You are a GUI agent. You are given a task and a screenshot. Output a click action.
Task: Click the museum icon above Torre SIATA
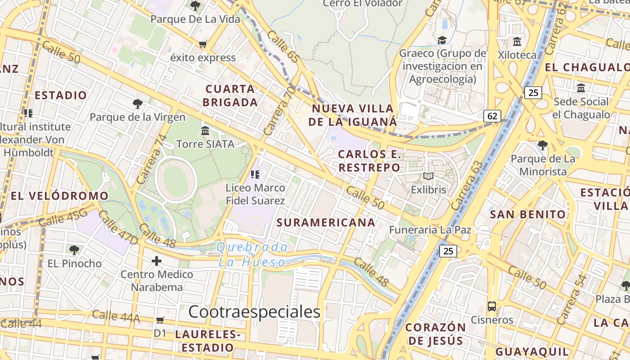tap(206, 131)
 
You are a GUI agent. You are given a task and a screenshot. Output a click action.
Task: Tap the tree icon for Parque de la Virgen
tap(138, 104)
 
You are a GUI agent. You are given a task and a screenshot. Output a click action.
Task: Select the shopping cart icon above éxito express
tap(203, 44)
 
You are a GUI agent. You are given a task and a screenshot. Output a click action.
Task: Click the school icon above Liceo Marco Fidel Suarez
tap(255, 174)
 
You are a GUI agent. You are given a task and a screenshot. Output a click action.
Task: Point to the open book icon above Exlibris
tap(428, 176)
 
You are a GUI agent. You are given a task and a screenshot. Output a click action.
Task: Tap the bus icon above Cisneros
tap(492, 306)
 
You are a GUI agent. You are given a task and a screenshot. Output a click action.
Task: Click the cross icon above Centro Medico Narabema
tap(157, 261)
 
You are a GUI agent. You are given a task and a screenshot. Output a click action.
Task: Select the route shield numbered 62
tap(492, 116)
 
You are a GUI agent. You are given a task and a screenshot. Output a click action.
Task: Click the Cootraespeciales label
tap(254, 311)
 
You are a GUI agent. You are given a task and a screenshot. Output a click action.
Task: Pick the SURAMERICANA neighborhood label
tap(326, 222)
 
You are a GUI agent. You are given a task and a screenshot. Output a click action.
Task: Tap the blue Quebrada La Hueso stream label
tap(252, 255)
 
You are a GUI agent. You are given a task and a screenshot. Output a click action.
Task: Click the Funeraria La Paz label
tap(430, 230)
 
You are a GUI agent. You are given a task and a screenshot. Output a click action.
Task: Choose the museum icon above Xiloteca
tap(517, 42)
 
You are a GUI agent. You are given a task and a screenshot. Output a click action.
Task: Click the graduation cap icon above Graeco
tap(442, 40)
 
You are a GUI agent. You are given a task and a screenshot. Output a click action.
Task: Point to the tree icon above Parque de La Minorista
tap(543, 145)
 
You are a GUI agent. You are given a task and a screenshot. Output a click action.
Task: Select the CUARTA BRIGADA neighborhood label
tap(230, 95)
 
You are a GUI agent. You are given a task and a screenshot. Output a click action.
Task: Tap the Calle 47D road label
tap(118, 228)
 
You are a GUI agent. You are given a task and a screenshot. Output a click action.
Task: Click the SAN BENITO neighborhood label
tap(528, 214)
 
